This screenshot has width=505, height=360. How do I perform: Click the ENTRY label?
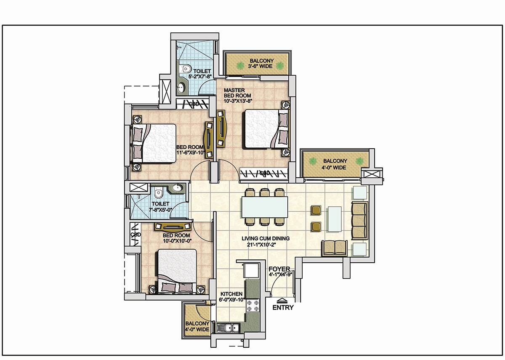(x=283, y=307)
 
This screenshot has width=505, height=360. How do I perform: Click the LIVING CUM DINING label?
(x=266, y=238)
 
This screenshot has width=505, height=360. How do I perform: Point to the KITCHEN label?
(x=231, y=294)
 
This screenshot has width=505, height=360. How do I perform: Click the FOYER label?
(x=279, y=269)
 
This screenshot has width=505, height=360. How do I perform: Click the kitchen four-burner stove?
(x=253, y=306)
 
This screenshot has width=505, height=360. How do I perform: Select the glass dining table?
(x=265, y=207)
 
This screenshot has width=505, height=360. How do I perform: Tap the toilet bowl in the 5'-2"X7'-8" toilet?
(x=185, y=69)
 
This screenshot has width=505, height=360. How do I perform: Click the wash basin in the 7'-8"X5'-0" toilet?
(x=178, y=188)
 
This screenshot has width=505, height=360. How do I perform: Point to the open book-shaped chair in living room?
(x=335, y=248)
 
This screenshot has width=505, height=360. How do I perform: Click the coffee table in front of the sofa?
(x=334, y=219)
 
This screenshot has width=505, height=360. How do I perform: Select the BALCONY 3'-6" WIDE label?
(x=261, y=64)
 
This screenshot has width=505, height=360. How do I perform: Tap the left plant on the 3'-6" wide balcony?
(x=240, y=66)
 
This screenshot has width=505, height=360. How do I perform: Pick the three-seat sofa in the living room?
(x=359, y=221)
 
